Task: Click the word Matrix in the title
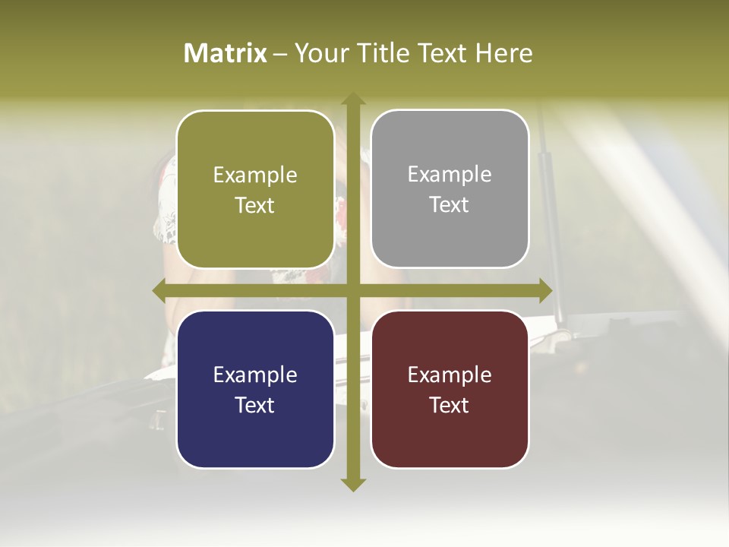(226, 53)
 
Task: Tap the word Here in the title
(504, 53)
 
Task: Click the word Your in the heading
(321, 53)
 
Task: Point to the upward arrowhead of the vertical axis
(352, 99)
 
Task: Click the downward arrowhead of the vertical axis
(352, 484)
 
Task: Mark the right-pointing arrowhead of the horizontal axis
(544, 290)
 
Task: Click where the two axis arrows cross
(352, 290)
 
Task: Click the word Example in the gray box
(450, 174)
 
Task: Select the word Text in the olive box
(255, 205)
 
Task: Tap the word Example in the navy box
(255, 375)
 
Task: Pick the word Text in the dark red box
(450, 405)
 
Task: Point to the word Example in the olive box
(255, 175)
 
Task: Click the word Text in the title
(443, 53)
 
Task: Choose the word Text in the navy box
(255, 405)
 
